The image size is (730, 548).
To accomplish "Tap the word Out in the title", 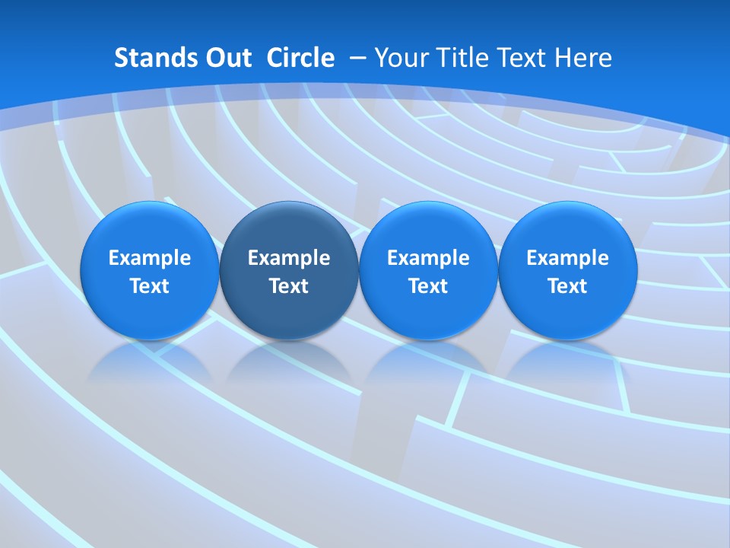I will (227, 58).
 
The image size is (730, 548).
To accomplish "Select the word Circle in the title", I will (300, 58).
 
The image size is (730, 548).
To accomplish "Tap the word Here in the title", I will (583, 58).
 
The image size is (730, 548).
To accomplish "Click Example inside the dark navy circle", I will (289, 258).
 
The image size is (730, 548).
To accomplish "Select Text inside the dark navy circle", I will (289, 286).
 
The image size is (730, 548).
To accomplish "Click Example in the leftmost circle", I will (150, 258).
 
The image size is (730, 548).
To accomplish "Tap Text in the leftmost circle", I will (150, 286).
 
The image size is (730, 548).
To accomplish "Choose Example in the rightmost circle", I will (567, 258).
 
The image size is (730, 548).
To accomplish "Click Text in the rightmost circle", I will (567, 286).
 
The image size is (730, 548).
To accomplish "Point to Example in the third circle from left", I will (428, 258).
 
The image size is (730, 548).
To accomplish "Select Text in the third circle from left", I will (428, 286).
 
